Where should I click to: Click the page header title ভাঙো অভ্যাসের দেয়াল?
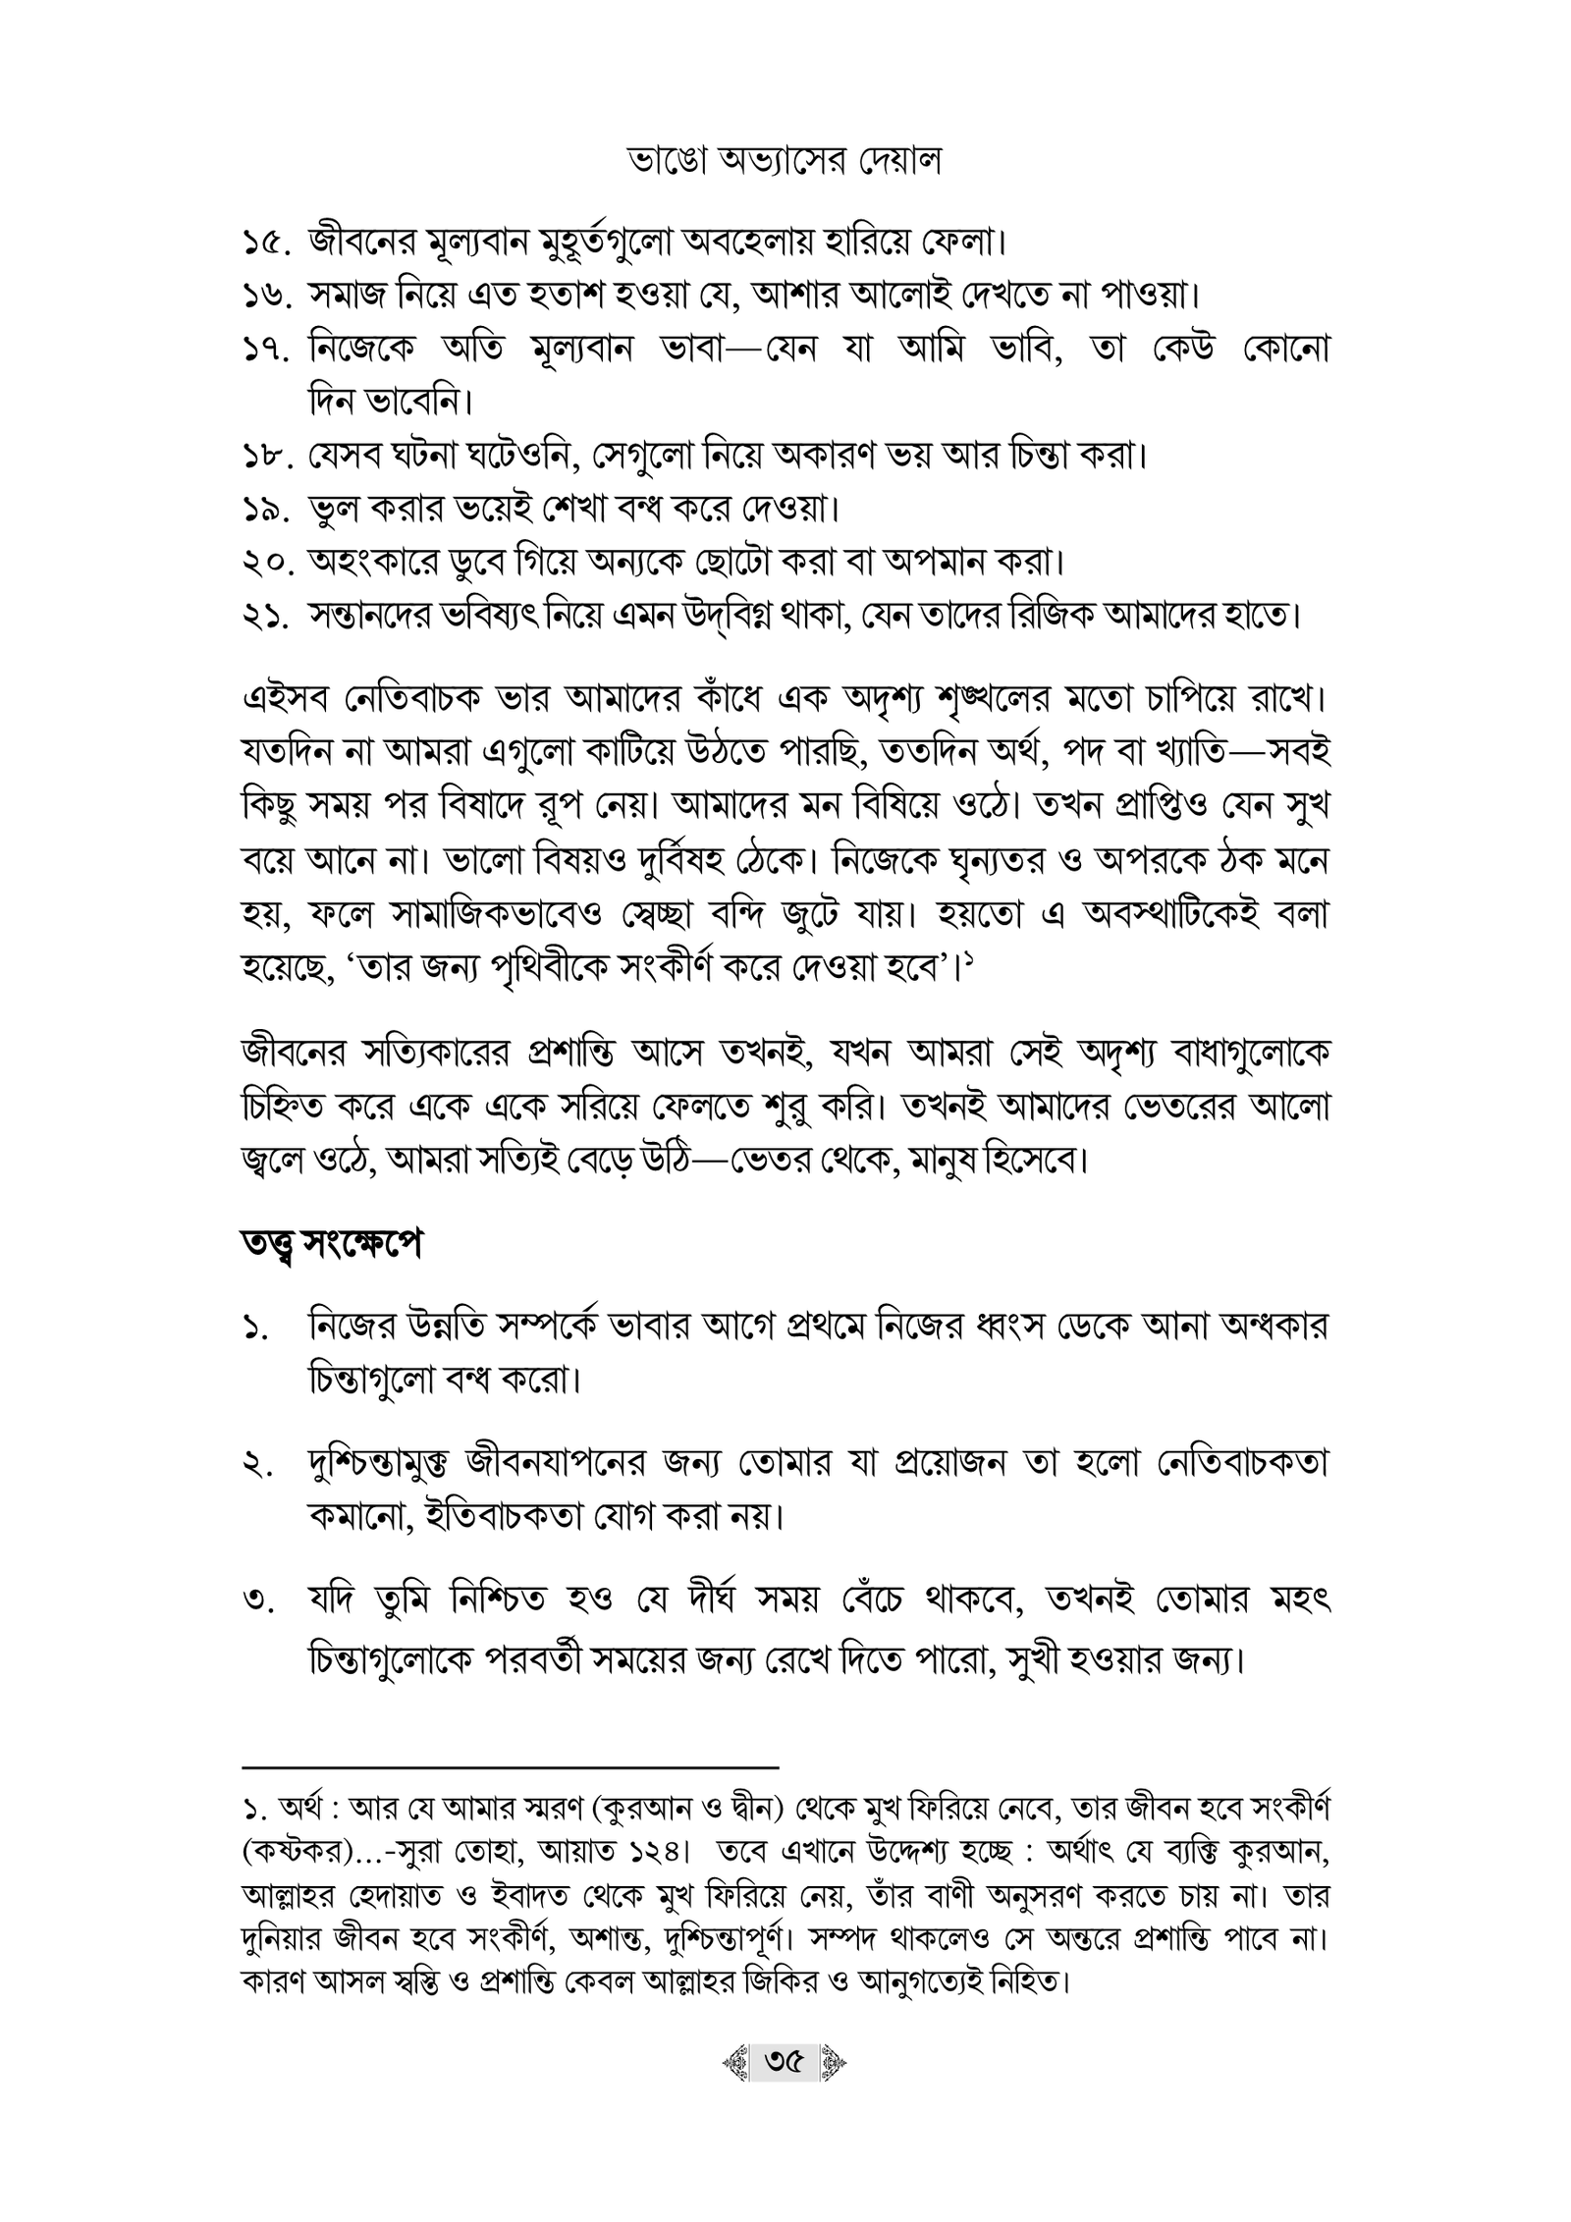click(x=785, y=163)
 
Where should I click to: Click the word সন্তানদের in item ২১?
click(x=379, y=618)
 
